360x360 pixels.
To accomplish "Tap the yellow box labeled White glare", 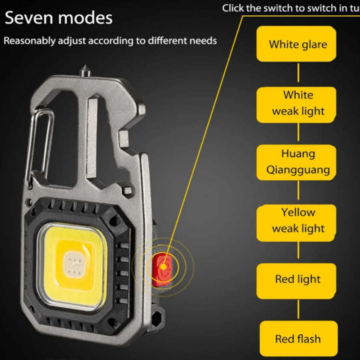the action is click(296, 44).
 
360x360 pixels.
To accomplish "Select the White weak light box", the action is click(296, 105).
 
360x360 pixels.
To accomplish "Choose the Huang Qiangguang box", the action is click(296, 162).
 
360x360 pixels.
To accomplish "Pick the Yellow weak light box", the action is click(296, 223).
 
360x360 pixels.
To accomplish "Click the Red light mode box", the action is click(296, 281).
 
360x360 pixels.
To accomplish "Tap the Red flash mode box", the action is click(298, 339).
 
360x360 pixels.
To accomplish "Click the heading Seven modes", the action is click(58, 18).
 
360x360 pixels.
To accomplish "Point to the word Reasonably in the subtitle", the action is click(30, 41).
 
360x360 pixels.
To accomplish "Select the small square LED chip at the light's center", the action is click(73, 264).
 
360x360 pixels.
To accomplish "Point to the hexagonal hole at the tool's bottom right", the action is click(156, 318).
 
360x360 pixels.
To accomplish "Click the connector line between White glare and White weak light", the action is click(298, 73).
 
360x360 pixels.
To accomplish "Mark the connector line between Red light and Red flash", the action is click(298, 309).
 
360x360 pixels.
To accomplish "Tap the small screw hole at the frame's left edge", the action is click(29, 202).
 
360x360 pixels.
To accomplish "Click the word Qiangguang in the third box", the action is click(298, 170).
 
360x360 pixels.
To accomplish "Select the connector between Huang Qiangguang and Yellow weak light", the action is click(298, 190).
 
